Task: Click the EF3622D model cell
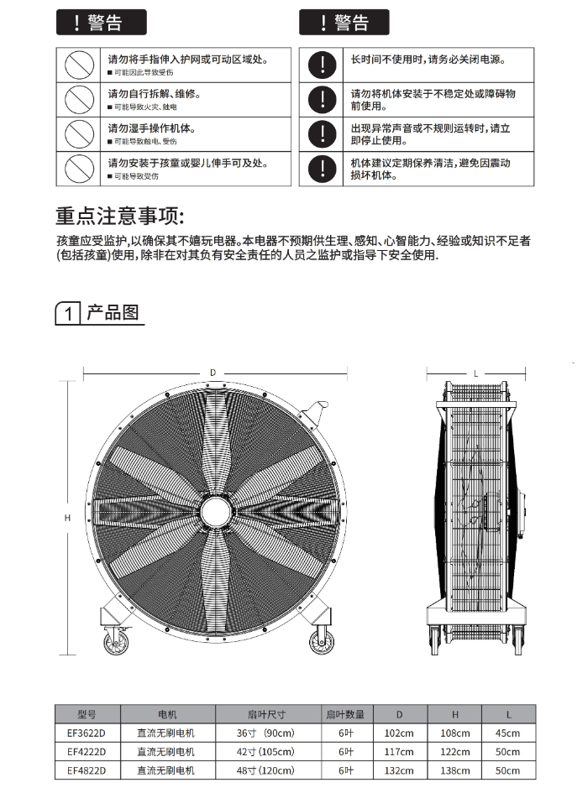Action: (x=87, y=733)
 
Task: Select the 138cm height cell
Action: (x=455, y=770)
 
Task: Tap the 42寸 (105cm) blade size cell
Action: (x=266, y=751)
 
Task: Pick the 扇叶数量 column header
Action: (x=345, y=714)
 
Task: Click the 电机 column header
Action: (x=166, y=714)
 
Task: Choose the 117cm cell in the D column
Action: (x=399, y=751)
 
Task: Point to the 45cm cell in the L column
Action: (x=508, y=733)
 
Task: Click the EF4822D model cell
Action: (x=87, y=770)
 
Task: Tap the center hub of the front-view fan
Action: (x=216, y=509)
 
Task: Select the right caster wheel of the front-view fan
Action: (x=321, y=643)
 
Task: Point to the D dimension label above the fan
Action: (x=213, y=372)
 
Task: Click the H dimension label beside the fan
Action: (x=67, y=518)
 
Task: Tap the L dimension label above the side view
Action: (x=475, y=373)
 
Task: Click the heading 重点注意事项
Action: (x=119, y=216)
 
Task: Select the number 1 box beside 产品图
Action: (x=68, y=314)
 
